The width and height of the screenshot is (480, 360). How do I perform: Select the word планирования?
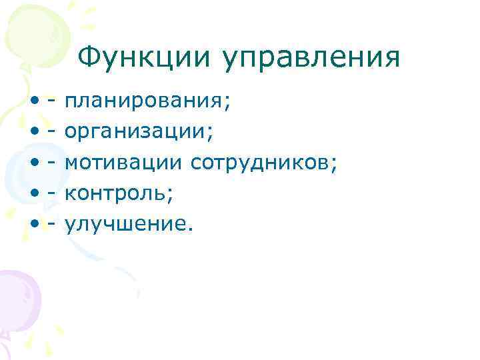coord(145,101)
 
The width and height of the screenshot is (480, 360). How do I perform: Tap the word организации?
coord(137,132)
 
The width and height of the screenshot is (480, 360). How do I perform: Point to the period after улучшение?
coord(191,229)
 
